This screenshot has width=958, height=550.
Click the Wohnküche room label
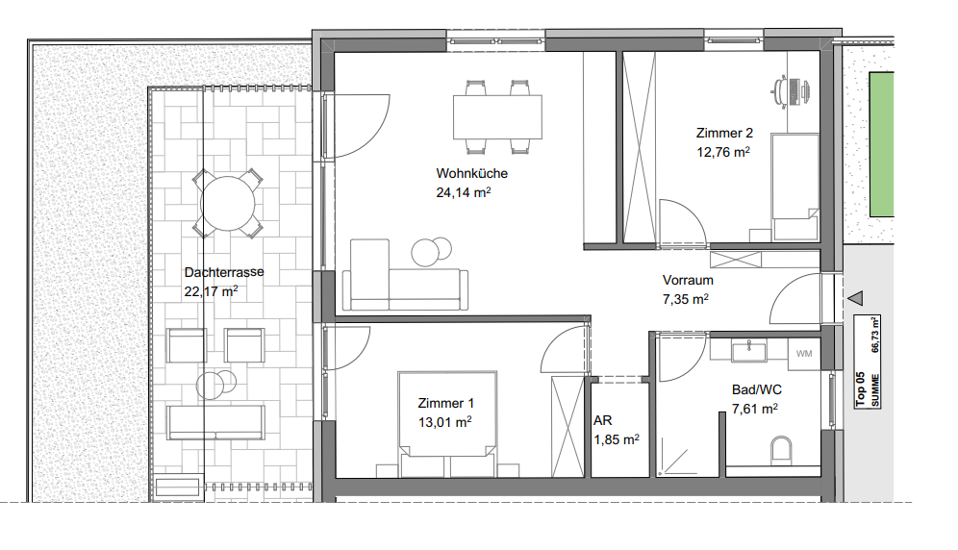pos(471,173)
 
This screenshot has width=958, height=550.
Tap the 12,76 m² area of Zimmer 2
pos(723,152)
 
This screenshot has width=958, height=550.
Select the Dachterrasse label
pos(224,272)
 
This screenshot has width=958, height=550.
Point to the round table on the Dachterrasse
pos(228,204)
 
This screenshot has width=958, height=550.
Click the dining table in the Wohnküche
pos(497,116)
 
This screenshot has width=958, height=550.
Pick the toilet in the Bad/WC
pos(781,449)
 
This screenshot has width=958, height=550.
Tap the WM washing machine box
pos(804,354)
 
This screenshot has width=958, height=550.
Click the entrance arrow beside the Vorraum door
pos(855,298)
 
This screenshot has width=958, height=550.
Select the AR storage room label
pos(602,420)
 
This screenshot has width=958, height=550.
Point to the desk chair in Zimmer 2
pos(780,91)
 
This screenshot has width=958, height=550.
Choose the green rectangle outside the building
pos(882,144)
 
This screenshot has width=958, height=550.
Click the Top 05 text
pos(860,389)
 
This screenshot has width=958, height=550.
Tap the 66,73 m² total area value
pos(875,335)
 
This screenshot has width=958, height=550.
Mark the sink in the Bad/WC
pos(748,352)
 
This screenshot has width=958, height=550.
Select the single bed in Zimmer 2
pos(794,187)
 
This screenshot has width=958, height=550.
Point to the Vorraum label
pos(688,281)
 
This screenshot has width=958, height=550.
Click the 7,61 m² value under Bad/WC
pos(754,409)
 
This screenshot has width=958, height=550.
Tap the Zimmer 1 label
pos(445,403)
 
